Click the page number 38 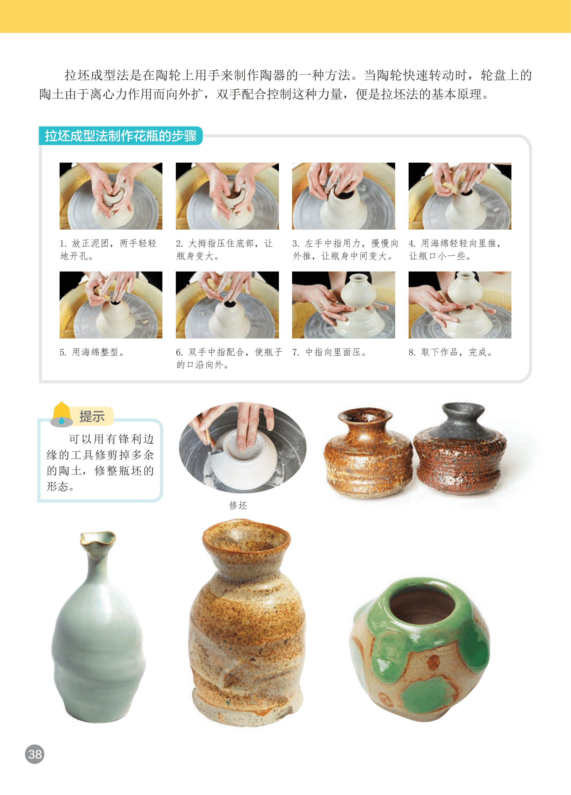(35, 754)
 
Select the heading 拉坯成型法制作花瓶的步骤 (120, 136)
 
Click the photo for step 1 (111, 196)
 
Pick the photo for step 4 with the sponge (460, 196)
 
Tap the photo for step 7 (343, 305)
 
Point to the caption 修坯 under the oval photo (238, 505)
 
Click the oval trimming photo (243, 447)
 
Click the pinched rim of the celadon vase (98, 538)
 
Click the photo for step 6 (227, 305)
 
